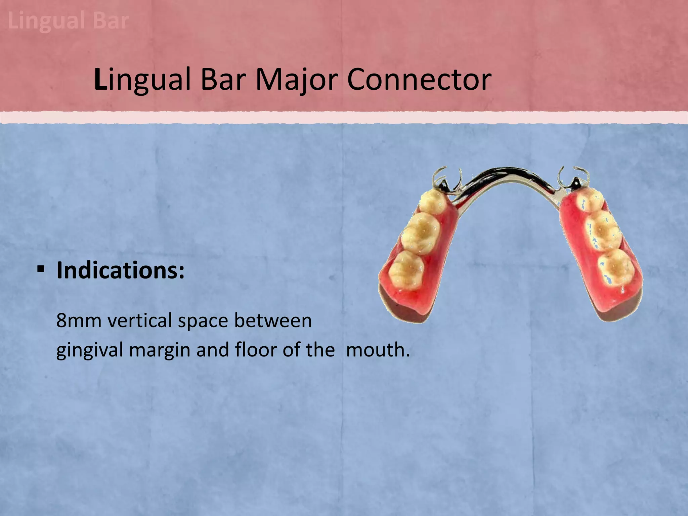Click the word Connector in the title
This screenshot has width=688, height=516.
pos(419,80)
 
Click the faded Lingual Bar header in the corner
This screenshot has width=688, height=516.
pos(68,21)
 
